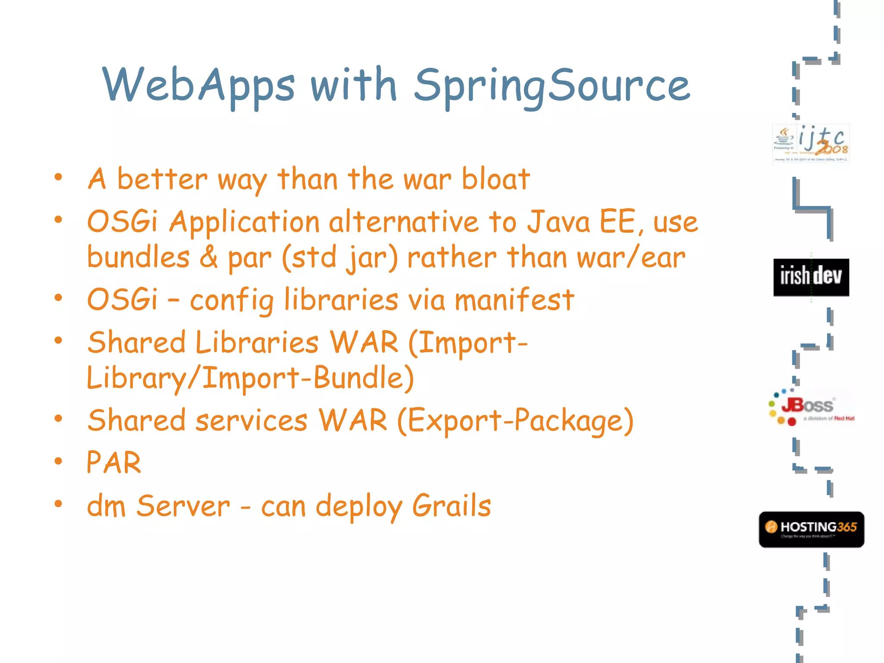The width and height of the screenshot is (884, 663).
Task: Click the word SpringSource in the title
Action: click(552, 86)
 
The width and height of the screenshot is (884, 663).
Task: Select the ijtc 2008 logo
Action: click(811, 144)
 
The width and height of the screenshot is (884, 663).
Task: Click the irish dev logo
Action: click(811, 277)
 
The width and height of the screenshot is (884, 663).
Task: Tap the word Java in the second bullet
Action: click(559, 222)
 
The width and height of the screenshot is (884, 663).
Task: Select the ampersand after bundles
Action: click(208, 257)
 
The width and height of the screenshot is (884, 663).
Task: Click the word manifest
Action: click(514, 300)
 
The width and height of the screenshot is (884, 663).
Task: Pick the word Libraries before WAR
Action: click(257, 342)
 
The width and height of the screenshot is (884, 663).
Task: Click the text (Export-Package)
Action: click(515, 420)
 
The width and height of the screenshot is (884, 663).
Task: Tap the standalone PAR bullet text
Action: click(114, 463)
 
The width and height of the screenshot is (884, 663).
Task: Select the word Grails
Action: click(451, 506)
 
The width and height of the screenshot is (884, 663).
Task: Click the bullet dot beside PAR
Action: click(58, 461)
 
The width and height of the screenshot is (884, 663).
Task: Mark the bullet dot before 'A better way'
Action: click(58, 177)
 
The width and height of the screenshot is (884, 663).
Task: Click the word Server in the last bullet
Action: click(183, 506)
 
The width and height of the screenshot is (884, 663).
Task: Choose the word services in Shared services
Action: click(251, 420)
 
